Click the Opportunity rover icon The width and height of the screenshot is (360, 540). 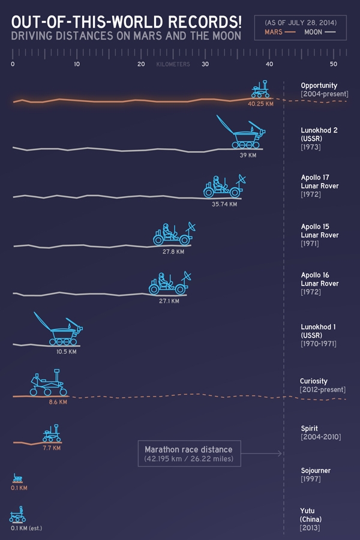click(x=260, y=89)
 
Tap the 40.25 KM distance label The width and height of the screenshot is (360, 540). click(x=260, y=103)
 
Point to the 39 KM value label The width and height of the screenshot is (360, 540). click(x=248, y=155)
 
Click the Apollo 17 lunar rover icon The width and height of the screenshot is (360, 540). click(x=224, y=187)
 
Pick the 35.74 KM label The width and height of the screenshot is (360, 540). click(x=224, y=204)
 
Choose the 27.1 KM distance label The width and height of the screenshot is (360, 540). click(x=169, y=301)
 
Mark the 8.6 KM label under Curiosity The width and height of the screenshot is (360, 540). click(x=58, y=402)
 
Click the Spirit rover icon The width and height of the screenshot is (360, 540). click(x=52, y=434)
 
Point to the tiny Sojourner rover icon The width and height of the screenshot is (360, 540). click(x=18, y=478)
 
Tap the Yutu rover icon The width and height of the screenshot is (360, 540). click(x=17, y=515)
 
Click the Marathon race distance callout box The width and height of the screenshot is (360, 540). click(x=188, y=454)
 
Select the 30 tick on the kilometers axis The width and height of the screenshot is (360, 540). click(x=205, y=64)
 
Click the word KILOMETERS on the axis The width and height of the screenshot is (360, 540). click(x=173, y=64)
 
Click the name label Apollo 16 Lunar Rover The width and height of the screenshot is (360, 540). click(x=320, y=279)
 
